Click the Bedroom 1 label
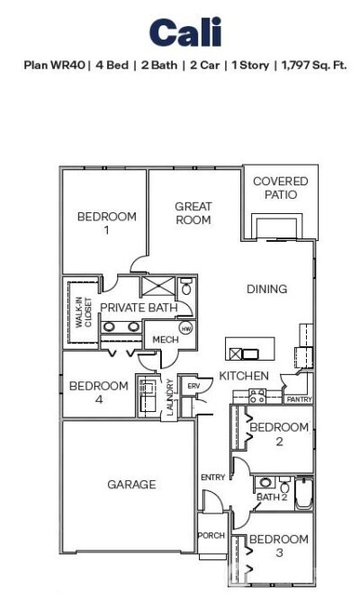pos(106,223)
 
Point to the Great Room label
pos(193,213)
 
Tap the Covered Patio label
pos(280,187)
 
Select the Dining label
pos(267,289)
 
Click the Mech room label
pos(165,340)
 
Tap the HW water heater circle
pos(186,329)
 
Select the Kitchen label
pos(244,375)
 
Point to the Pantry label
pos(298,398)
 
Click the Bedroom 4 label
pos(99,392)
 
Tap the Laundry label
pos(169,397)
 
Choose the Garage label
pos(131,484)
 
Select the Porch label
pos(211,535)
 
